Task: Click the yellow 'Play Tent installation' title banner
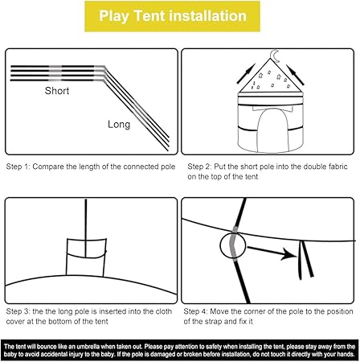click(172, 16)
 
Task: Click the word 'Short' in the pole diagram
click(57, 91)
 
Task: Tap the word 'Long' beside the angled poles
click(119, 125)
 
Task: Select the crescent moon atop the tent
click(275, 56)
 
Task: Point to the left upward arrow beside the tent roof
click(246, 73)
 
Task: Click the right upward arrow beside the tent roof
click(295, 75)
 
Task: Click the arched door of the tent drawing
click(273, 130)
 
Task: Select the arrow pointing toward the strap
click(272, 253)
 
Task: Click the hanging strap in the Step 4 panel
click(305, 260)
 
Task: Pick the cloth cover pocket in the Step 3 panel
click(86, 257)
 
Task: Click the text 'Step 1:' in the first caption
click(18, 167)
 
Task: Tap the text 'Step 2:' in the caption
click(199, 167)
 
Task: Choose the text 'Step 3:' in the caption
click(18, 311)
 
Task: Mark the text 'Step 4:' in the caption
click(195, 311)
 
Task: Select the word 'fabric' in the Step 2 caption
click(337, 167)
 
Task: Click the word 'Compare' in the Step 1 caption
click(48, 167)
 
